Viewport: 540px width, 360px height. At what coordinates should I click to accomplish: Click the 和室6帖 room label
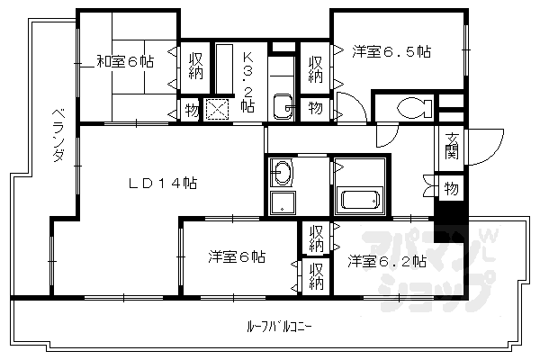(124, 61)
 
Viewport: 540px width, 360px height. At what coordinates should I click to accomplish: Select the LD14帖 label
(163, 184)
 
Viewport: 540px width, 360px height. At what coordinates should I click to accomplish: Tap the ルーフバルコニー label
(278, 326)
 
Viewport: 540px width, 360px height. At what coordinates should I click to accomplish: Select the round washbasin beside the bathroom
(283, 172)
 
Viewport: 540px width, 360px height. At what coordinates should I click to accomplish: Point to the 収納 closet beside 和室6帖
(196, 66)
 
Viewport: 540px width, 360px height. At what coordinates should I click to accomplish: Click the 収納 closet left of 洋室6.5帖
(316, 68)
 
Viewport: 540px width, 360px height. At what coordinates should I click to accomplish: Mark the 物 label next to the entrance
(451, 189)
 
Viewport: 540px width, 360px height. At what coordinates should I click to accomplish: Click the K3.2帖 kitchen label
(248, 81)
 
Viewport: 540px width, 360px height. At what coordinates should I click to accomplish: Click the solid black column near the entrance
(449, 215)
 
